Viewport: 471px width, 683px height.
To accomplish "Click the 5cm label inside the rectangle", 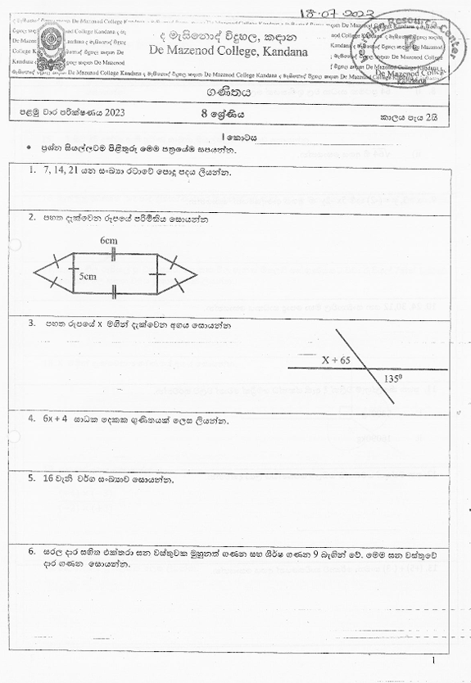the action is [88, 276].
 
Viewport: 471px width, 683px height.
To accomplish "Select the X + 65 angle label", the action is [336, 360].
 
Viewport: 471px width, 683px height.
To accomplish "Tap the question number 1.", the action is [31, 171].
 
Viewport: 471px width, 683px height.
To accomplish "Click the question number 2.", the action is [31, 219].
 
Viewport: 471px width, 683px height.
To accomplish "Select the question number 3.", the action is [31, 323].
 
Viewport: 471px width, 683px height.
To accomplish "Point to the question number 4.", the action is [31, 420].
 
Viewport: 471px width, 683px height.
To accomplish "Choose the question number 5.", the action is [31, 477].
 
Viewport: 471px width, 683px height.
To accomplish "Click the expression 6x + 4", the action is [59, 420].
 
